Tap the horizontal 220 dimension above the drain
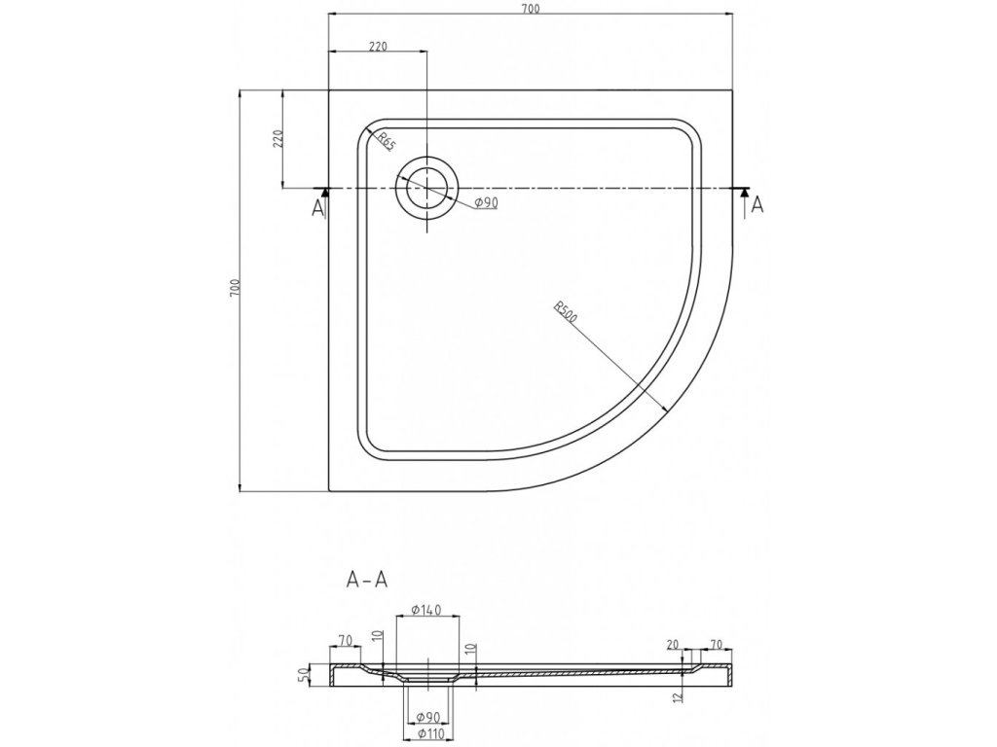click(379, 45)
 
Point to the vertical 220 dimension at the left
click(277, 139)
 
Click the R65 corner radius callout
click(386, 141)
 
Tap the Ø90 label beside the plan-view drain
click(486, 202)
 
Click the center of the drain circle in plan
click(426, 187)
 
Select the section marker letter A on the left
click(317, 206)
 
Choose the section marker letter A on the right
click(758, 204)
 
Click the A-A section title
click(368, 581)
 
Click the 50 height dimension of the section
click(304, 673)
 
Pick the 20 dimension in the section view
click(672, 645)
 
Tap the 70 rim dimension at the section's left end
click(345, 640)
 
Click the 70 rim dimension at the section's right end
click(718, 645)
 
